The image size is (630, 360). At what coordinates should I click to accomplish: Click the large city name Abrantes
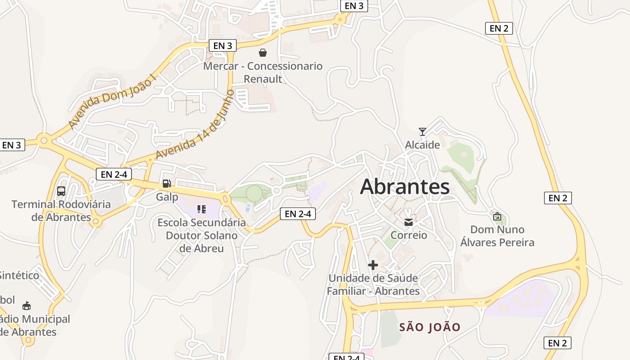(x=405, y=187)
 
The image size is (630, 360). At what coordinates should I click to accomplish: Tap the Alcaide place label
(x=422, y=145)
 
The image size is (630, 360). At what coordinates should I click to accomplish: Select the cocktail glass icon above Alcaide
(x=422, y=131)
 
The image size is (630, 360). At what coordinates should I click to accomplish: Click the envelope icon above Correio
(x=409, y=222)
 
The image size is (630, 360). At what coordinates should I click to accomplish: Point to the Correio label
(x=409, y=235)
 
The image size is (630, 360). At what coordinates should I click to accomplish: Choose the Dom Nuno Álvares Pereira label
(x=497, y=236)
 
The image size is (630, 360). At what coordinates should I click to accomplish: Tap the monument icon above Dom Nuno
(x=497, y=216)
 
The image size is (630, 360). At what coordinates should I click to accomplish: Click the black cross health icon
(x=373, y=265)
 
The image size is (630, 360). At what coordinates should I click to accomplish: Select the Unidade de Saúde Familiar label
(x=373, y=285)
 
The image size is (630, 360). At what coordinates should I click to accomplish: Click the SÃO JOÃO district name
(x=430, y=327)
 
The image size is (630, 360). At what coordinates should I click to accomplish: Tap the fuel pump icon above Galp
(x=167, y=184)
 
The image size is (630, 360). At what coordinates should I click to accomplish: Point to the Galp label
(x=167, y=197)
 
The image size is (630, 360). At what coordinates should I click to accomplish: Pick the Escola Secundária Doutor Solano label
(x=202, y=235)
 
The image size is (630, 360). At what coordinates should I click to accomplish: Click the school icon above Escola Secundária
(x=202, y=209)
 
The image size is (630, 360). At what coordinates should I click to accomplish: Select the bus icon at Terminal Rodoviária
(x=61, y=191)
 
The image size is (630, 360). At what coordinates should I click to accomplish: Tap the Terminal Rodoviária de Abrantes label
(x=61, y=211)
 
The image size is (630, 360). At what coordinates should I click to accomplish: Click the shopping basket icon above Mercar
(x=263, y=53)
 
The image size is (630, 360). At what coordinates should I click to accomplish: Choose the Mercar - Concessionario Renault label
(x=263, y=72)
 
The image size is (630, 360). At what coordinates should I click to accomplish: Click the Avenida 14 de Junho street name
(x=195, y=125)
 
